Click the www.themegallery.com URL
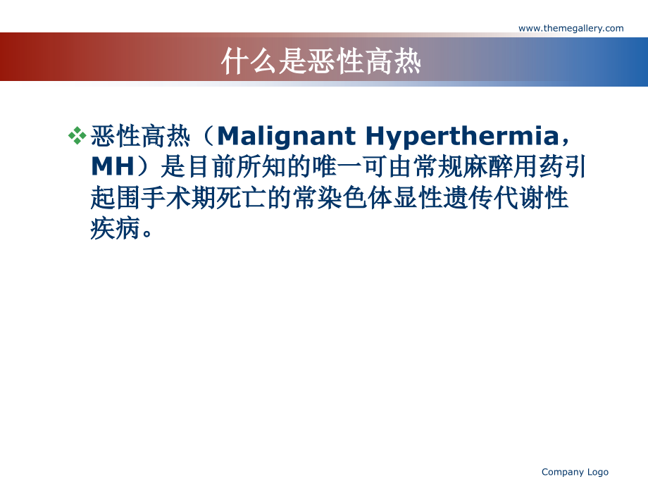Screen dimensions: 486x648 point(571,28)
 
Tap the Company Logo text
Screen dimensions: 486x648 point(575,472)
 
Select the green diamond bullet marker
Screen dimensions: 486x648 point(77,135)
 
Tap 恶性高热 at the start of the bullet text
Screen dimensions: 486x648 point(140,135)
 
